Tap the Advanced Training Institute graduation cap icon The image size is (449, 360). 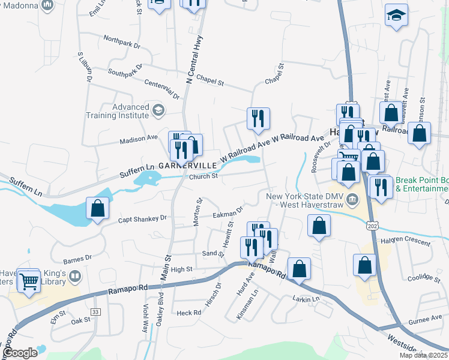click(158, 110)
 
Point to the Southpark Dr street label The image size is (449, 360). click(125, 70)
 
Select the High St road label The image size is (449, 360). click(181, 269)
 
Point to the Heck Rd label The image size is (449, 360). click(188, 313)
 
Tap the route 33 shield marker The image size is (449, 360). click(95, 311)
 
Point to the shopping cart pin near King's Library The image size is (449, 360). click(28, 281)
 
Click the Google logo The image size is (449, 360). click(20, 353)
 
